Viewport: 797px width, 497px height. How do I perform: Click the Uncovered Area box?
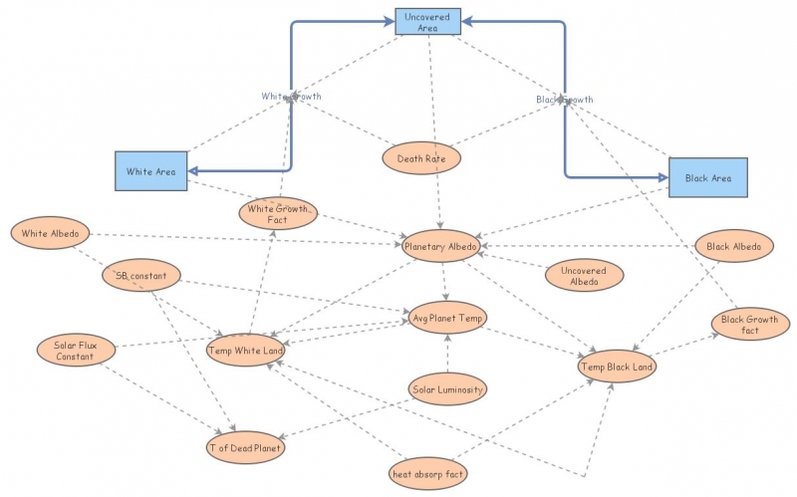tap(426, 21)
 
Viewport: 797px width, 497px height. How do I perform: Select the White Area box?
tap(150, 171)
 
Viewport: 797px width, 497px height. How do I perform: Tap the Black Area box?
tap(707, 177)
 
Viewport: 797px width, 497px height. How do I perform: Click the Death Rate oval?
tap(421, 157)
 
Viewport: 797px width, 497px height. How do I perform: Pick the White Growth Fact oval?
tap(277, 212)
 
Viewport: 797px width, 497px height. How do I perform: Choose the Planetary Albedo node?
tap(441, 246)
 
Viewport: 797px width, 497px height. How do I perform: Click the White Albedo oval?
tap(50, 234)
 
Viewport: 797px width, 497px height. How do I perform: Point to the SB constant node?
tap(140, 275)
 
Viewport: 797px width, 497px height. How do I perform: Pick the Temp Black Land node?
tap(617, 368)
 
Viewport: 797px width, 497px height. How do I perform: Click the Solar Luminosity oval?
tap(447, 389)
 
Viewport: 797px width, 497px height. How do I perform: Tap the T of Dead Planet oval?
tap(245, 448)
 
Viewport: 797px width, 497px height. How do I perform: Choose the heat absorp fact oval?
tap(428, 474)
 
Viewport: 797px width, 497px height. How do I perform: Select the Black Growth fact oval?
tap(750, 325)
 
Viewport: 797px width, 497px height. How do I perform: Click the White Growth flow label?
tap(291, 96)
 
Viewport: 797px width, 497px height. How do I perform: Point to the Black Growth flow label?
tap(564, 100)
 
